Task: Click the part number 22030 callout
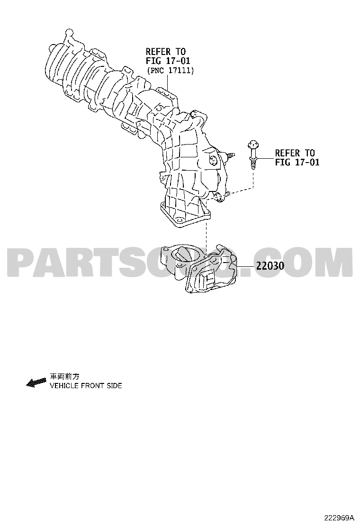click(x=270, y=266)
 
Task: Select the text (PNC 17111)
click(x=170, y=71)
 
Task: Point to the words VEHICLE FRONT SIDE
click(x=86, y=386)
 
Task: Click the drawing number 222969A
click(x=339, y=517)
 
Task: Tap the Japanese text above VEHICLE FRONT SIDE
click(x=64, y=376)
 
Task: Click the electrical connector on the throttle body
click(x=208, y=279)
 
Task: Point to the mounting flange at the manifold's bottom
click(x=185, y=215)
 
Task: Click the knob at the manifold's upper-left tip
click(x=69, y=33)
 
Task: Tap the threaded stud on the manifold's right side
click(x=229, y=155)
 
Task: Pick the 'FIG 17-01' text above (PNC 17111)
click(x=168, y=61)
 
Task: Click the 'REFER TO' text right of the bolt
click(x=295, y=153)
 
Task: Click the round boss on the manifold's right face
click(x=212, y=160)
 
